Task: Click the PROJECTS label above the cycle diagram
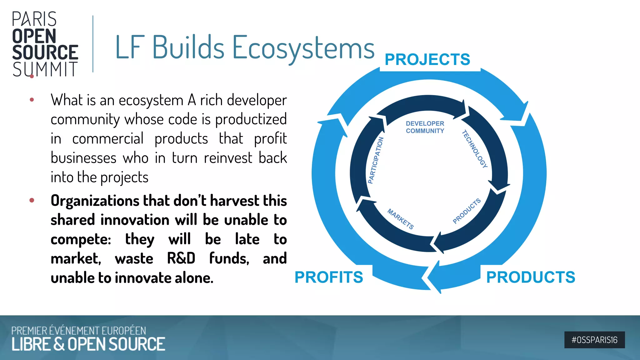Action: (427, 59)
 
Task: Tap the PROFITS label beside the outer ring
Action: (329, 277)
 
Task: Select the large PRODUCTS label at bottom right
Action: (531, 277)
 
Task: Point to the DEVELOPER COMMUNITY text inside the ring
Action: (425, 127)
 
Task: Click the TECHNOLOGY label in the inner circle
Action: (475, 149)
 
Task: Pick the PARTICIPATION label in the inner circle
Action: (376, 160)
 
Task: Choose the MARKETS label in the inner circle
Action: (401, 219)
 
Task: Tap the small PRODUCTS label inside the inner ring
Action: (467, 211)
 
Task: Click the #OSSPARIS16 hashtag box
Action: (594, 340)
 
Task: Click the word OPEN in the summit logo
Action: (34, 36)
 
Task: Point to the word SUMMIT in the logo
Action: (45, 69)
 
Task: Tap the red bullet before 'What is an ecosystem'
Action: (32, 100)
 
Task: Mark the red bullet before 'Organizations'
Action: (32, 200)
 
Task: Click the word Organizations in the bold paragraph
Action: (95, 201)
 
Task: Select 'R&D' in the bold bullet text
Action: (181, 258)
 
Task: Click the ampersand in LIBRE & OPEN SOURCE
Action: (59, 344)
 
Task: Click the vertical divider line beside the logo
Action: (93, 44)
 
